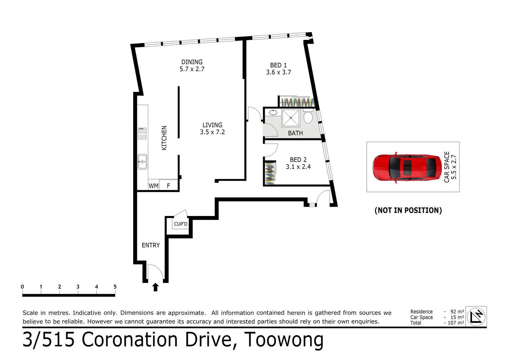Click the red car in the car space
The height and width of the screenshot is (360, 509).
click(408, 167)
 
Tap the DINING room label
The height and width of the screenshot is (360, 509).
click(192, 62)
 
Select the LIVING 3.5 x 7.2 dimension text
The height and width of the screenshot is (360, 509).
click(212, 132)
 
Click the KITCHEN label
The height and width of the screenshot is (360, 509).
click(164, 138)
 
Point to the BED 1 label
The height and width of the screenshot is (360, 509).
click(278, 65)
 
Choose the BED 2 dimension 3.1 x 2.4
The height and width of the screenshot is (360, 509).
click(298, 167)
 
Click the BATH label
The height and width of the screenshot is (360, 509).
click(295, 133)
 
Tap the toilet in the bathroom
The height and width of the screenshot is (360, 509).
click(308, 117)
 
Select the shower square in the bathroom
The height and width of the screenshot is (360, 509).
click(291, 118)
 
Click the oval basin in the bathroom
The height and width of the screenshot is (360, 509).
click(273, 112)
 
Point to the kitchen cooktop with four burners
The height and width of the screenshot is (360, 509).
click(142, 133)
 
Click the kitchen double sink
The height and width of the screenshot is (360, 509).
click(142, 162)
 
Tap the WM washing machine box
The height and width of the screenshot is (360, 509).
click(154, 186)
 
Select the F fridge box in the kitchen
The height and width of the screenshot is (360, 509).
click(169, 186)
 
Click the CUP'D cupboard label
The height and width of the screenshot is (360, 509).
click(181, 224)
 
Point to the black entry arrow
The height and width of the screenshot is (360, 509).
click(156, 287)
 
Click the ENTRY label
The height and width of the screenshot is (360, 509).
click(151, 245)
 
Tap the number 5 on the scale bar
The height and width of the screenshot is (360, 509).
click(115, 287)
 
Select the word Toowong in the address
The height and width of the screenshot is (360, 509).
click(284, 340)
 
